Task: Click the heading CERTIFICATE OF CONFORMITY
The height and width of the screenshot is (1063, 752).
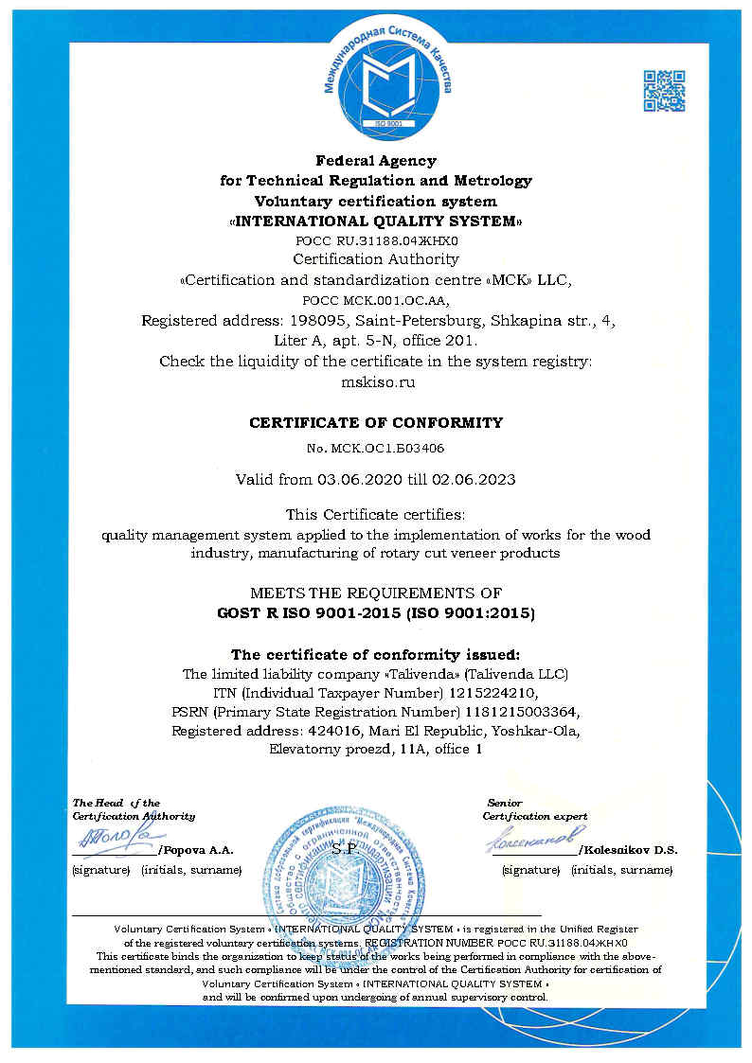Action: pyautogui.click(x=376, y=422)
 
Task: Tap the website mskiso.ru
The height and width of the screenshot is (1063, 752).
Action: pyautogui.click(x=376, y=382)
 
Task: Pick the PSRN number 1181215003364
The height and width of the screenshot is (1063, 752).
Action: pyautogui.click(x=517, y=710)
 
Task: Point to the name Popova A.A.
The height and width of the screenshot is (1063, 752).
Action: pyautogui.click(x=201, y=850)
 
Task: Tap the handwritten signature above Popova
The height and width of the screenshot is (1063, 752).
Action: pyautogui.click(x=115, y=837)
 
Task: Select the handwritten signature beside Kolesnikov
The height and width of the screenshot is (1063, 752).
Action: pyautogui.click(x=530, y=837)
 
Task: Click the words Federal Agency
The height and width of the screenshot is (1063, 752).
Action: pyautogui.click(x=375, y=160)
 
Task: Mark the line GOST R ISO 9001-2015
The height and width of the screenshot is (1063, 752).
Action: pyautogui.click(x=305, y=613)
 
